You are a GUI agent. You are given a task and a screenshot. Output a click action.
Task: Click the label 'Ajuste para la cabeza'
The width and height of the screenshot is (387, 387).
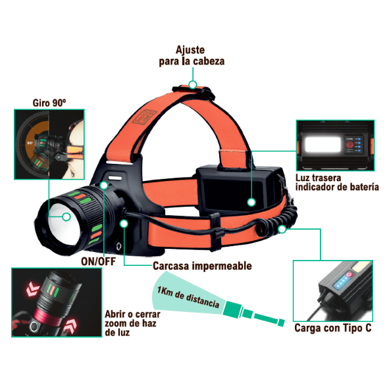tap(192, 56)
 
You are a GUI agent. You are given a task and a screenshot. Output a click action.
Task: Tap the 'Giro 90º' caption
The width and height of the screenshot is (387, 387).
tap(49, 103)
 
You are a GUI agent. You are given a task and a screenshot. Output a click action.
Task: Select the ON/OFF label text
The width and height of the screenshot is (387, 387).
tap(98, 262)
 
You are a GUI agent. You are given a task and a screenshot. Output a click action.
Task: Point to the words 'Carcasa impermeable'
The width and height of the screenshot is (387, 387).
tap(202, 266)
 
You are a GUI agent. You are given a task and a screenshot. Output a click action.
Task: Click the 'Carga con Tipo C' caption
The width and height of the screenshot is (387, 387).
tap(333, 328)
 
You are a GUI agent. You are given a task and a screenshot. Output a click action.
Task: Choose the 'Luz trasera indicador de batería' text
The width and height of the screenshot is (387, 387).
tap(337, 182)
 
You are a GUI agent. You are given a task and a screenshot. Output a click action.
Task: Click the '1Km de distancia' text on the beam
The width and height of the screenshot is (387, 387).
tap(188, 297)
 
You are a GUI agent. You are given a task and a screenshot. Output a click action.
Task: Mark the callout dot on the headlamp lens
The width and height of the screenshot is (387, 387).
tap(66, 217)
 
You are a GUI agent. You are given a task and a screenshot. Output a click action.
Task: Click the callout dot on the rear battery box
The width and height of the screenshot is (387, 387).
tap(251, 203)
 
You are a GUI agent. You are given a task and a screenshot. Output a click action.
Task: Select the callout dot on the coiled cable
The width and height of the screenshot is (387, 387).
tap(282, 229)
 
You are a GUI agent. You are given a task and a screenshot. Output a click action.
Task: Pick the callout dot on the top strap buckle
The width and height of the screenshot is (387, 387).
tap(193, 85)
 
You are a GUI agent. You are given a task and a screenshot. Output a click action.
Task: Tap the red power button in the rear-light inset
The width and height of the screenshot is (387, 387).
tap(349, 145)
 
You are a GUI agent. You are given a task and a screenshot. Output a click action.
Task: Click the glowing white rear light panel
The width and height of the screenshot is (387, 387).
tap(322, 145)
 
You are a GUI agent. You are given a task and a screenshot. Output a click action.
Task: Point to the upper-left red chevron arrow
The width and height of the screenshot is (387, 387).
tap(33, 290)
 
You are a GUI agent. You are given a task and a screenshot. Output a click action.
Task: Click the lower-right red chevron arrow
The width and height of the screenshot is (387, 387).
tap(70, 326)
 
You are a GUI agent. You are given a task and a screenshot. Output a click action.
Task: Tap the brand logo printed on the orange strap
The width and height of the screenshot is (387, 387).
tap(145, 116)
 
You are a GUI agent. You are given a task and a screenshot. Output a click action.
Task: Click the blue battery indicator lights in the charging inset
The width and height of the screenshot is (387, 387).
tap(341, 282)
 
